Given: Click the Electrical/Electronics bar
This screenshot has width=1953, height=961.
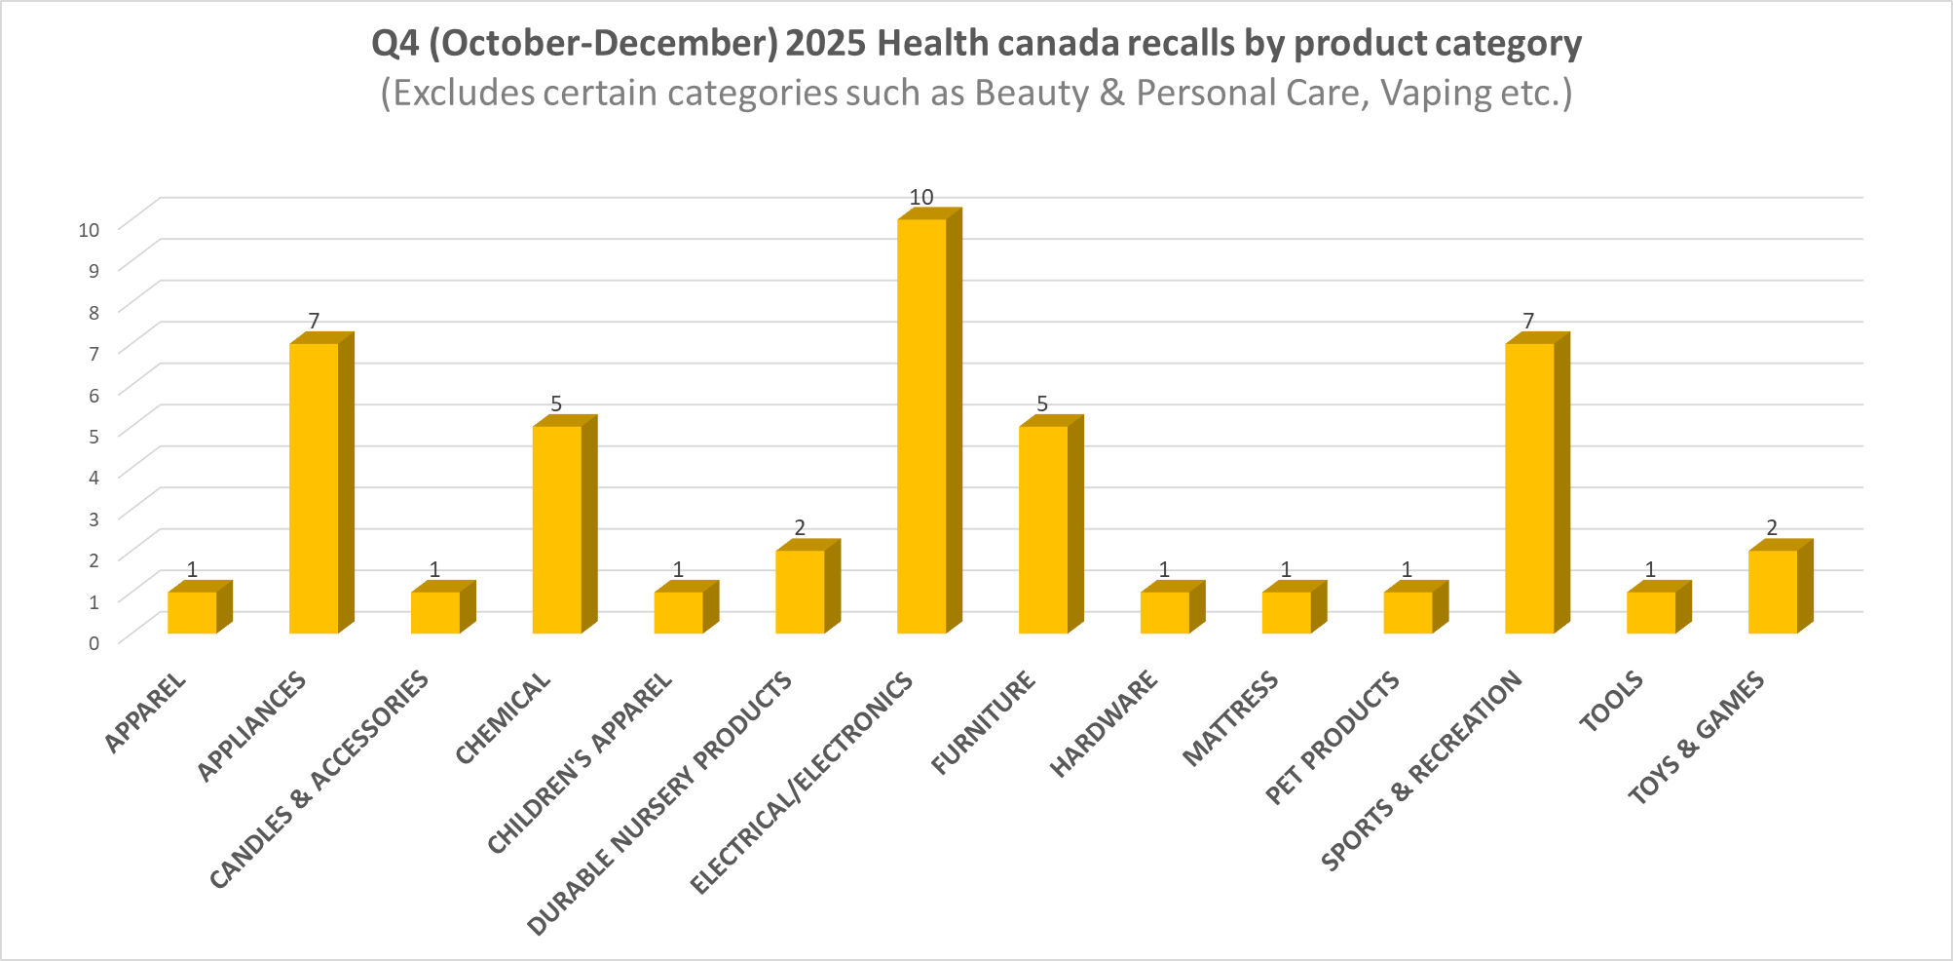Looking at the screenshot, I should click(x=921, y=426).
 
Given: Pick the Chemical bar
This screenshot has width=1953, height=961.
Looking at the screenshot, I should click(x=557, y=529).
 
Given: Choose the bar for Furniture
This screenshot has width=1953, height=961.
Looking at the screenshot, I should click(x=1043, y=529).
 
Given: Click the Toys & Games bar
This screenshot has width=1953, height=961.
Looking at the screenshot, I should click(x=1772, y=592).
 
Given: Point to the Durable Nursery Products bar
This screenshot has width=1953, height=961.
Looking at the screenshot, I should click(x=800, y=592).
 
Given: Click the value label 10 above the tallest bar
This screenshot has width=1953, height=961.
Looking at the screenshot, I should click(x=921, y=197).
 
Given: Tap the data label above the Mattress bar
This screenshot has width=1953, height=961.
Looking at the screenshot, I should click(x=1286, y=570).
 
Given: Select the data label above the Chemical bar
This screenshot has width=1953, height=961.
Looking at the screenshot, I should click(x=556, y=404).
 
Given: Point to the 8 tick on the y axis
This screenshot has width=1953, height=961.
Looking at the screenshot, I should click(x=94, y=313).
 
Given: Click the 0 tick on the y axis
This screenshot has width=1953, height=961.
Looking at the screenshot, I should click(x=94, y=642).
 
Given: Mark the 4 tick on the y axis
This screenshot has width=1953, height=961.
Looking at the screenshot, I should click(x=94, y=478).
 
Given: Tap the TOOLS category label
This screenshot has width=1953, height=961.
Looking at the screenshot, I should click(x=1612, y=702).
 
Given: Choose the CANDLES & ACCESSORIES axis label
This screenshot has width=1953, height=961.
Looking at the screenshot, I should click(x=319, y=780).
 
